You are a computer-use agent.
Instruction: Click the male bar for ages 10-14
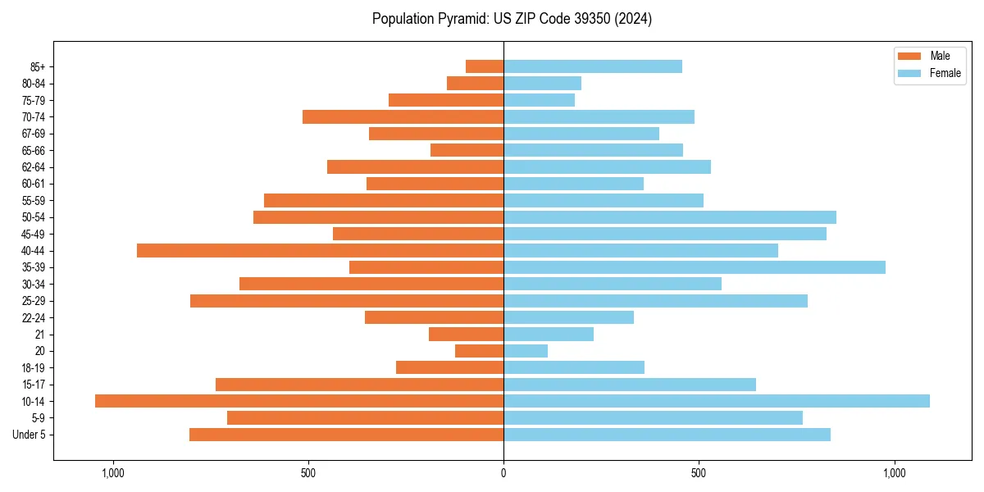coord(299,401)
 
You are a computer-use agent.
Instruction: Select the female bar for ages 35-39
coord(695,267)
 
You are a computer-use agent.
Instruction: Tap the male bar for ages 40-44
coord(320,250)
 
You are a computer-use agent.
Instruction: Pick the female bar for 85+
coord(593,66)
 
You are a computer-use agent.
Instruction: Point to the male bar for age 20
coord(479,351)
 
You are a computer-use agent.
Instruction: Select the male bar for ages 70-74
coord(403,116)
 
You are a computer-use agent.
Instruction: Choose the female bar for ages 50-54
coord(670,217)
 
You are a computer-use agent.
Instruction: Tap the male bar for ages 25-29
coord(347,301)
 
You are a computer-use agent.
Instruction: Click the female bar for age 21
coord(549,335)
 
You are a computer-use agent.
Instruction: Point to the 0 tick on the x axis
coord(503,473)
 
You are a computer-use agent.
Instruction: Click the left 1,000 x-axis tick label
coord(112,473)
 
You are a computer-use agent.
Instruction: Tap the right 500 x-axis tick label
coord(699,473)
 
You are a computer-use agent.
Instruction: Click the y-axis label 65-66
coord(34,150)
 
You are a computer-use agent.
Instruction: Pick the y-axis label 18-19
coord(34,368)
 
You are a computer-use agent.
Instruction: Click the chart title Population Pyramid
coord(512,19)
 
